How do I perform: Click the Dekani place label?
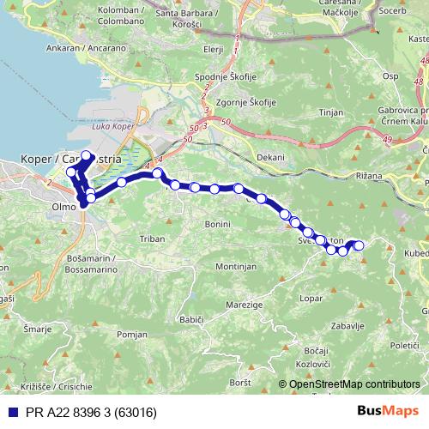[270, 158]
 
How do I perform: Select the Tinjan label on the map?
[330, 112]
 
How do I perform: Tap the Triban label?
[151, 239]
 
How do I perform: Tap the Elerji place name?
[214, 51]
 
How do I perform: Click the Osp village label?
[390, 76]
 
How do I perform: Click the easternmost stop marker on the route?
[359, 246]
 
